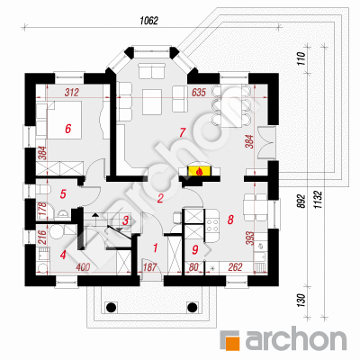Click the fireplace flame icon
[199, 172]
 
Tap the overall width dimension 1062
[148, 21]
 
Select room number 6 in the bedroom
[68, 129]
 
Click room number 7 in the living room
[182, 132]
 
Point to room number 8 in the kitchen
[230, 220]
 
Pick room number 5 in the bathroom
[63, 193]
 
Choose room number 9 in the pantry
[195, 249]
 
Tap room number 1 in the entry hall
[155, 248]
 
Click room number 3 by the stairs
[125, 220]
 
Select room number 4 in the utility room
[63, 256]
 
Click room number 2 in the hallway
[160, 198]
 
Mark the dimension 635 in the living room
[198, 93]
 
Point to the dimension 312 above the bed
[72, 92]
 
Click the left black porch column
[111, 307]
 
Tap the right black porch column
[192, 307]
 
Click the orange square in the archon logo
[231, 340]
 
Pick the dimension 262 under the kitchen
[235, 267]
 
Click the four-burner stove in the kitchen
[211, 225]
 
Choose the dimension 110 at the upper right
[301, 59]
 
